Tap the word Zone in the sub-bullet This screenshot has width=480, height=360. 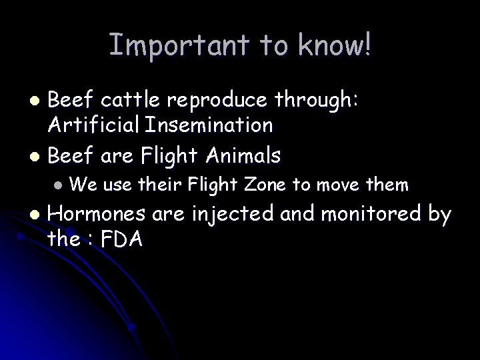point(265,183)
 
